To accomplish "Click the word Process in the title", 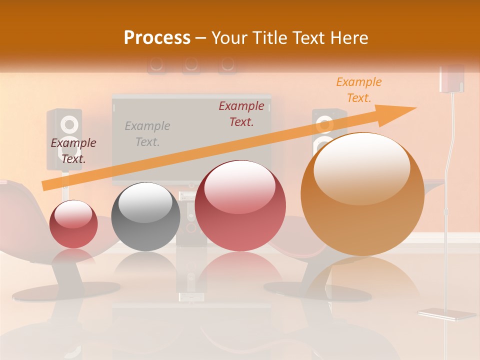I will coord(157,38).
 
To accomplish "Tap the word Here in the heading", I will coord(348,38).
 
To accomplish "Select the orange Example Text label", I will coord(358,90).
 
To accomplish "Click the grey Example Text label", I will coord(147,134).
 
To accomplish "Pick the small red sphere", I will coord(73,224).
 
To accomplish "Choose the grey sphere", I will coord(145,216).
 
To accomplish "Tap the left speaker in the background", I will coord(64,139).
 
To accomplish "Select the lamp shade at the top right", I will coord(451,78).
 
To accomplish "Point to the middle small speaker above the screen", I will coord(191,64).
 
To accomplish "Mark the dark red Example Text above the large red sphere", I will coord(241,114).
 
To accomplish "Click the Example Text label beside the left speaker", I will coord(73,151).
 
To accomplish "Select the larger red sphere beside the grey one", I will coord(240,205).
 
